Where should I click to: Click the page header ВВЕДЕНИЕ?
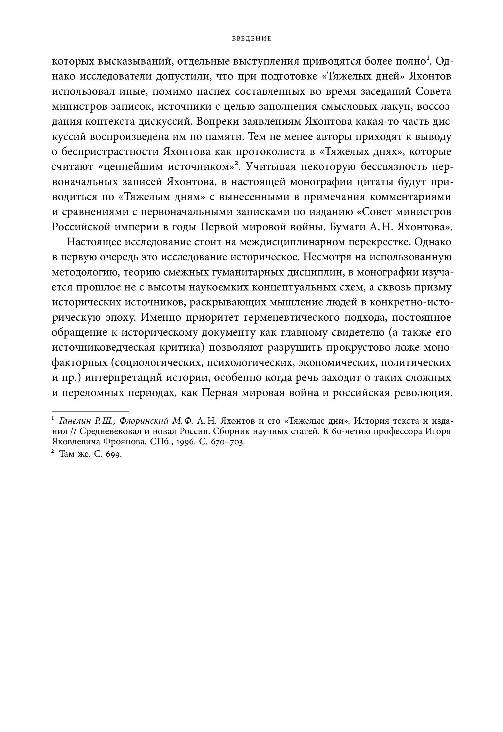pos(251,39)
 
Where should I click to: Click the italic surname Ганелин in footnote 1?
pos(75,421)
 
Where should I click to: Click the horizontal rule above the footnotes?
pos(90,411)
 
